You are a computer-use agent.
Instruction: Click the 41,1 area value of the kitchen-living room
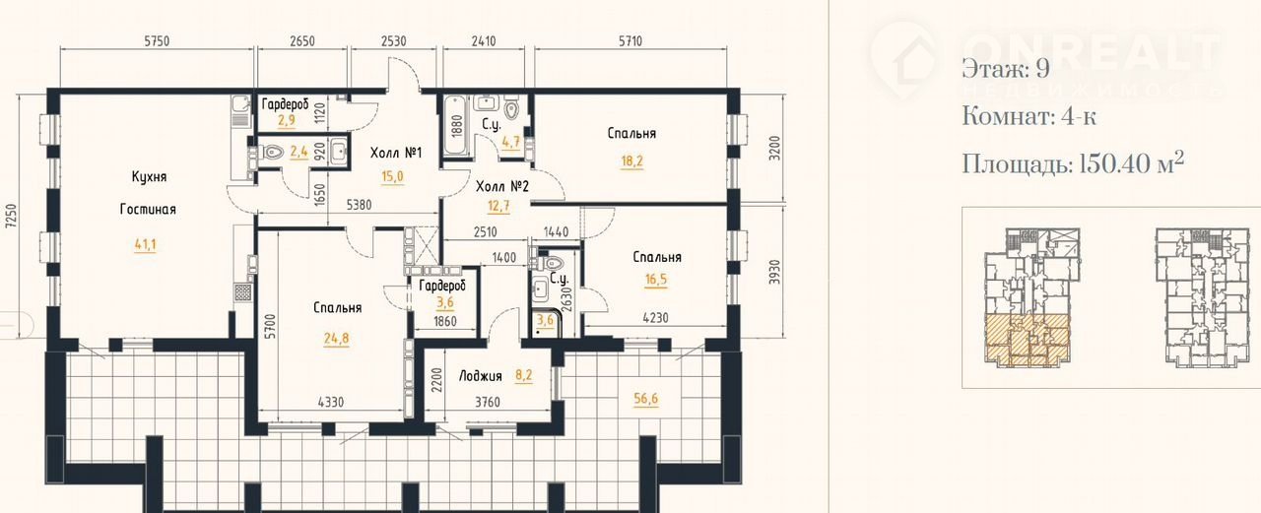pyautogui.click(x=145, y=245)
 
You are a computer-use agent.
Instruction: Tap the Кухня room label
pyautogui.click(x=149, y=176)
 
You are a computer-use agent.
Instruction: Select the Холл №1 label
pyautogui.click(x=396, y=153)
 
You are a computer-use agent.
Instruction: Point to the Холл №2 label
pyautogui.click(x=502, y=186)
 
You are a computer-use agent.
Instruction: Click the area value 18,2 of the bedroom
pyautogui.click(x=631, y=161)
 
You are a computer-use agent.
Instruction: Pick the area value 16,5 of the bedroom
pyautogui.click(x=656, y=280)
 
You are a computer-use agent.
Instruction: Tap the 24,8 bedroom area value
pyautogui.click(x=336, y=339)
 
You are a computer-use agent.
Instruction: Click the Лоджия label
pyautogui.click(x=480, y=376)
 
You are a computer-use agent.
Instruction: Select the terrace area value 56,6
pyautogui.click(x=645, y=399)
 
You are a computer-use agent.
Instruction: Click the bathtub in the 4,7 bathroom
pyautogui.click(x=455, y=125)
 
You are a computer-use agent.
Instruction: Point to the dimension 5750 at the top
pyautogui.click(x=157, y=41)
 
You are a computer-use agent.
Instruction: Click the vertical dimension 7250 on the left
pyautogui.click(x=10, y=216)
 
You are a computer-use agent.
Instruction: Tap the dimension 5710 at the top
pyautogui.click(x=630, y=41)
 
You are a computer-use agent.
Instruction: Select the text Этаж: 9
pyautogui.click(x=1006, y=69)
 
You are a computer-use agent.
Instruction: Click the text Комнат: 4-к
pyautogui.click(x=1029, y=117)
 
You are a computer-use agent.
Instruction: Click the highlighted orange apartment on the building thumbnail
pyautogui.click(x=1028, y=341)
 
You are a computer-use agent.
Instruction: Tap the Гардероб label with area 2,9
pyautogui.click(x=286, y=104)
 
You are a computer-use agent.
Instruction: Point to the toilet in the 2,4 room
pyautogui.click(x=272, y=152)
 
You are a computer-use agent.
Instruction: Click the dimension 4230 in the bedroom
pyautogui.click(x=655, y=318)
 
